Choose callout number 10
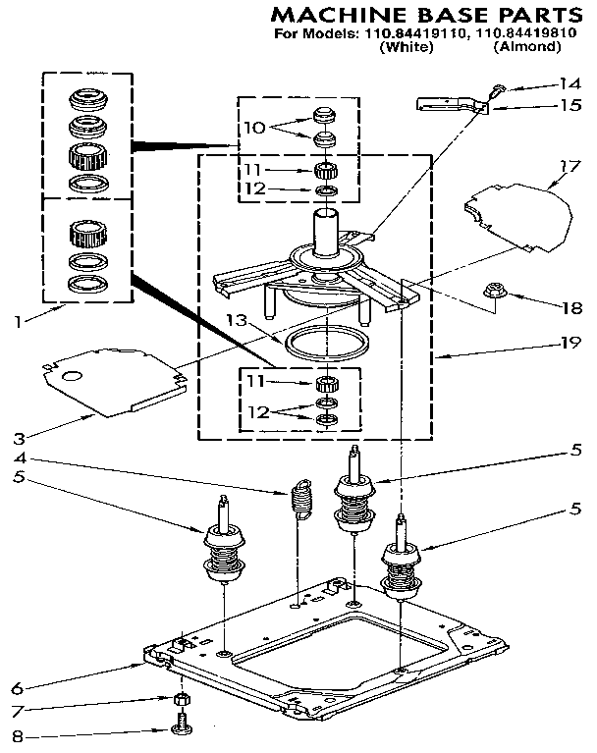253,127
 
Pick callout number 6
14,687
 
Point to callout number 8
14,733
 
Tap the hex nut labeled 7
181,699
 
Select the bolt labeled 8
181,728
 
